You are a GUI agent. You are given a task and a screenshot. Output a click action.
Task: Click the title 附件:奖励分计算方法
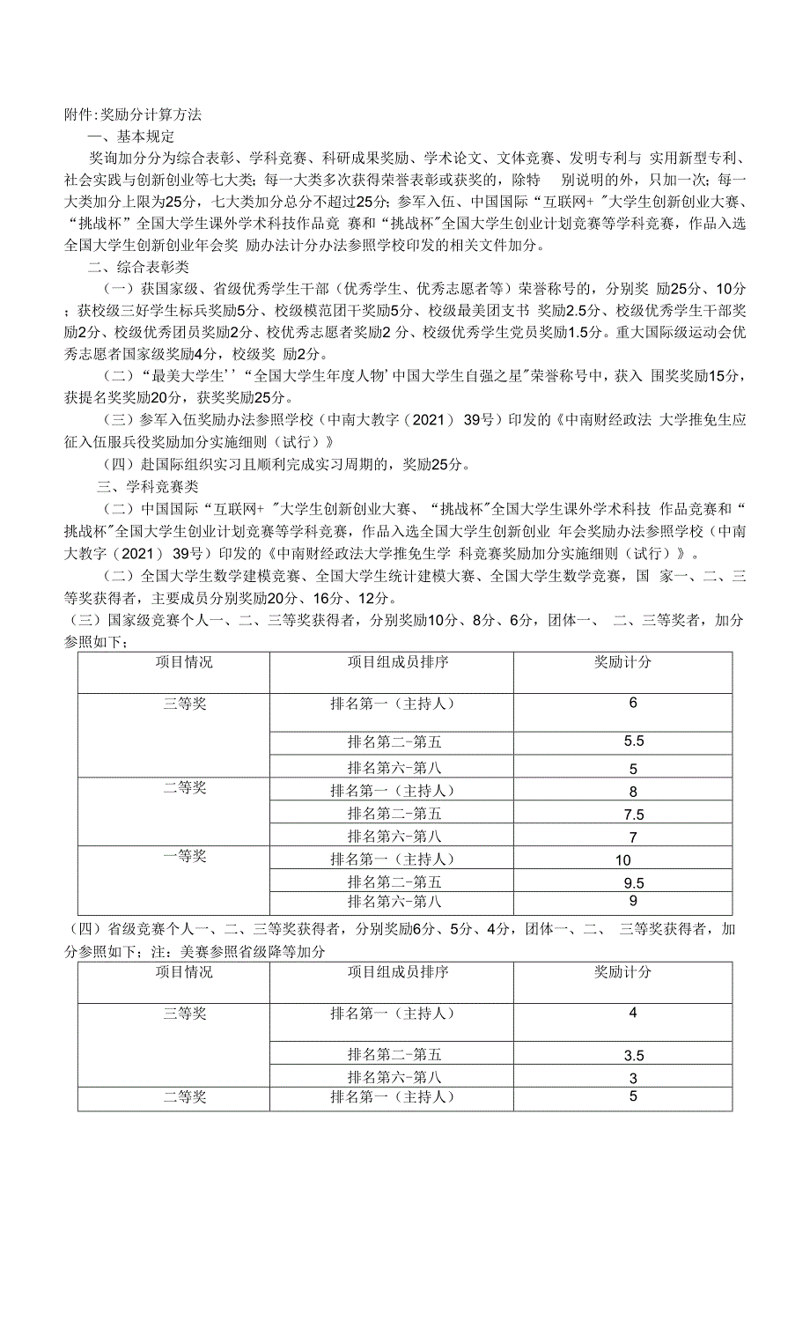[x=133, y=114]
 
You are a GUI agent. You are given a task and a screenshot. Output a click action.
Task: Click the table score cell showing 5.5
[x=634, y=741]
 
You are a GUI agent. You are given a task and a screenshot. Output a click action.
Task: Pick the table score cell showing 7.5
[x=634, y=815]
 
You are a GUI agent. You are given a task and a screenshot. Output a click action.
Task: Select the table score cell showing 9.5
[x=634, y=883]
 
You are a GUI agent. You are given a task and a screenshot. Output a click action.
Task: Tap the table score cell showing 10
[x=623, y=860]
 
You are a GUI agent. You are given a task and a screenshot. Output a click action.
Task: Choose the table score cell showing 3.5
[x=634, y=1056]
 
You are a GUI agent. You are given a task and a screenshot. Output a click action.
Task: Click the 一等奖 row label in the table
[x=185, y=856]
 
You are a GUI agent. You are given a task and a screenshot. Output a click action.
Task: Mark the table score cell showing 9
[x=633, y=901]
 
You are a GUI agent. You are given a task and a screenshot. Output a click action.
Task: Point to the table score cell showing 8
[x=633, y=792]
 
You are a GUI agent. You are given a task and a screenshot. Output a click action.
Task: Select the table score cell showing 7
[x=633, y=837]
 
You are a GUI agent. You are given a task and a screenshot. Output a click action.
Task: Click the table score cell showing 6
[x=633, y=703]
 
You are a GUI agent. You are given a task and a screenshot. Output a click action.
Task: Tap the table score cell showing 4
[x=633, y=1013]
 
